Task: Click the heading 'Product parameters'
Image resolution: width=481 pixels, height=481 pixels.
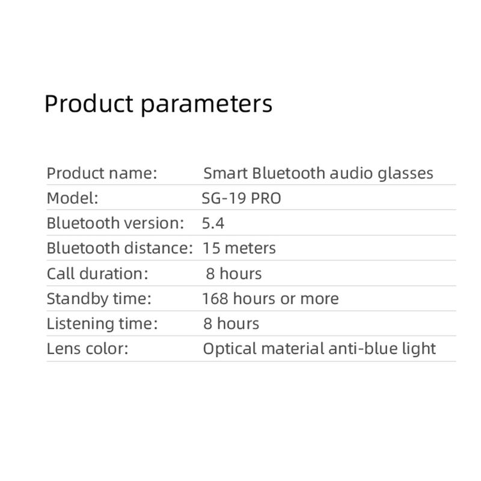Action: pyautogui.click(x=158, y=103)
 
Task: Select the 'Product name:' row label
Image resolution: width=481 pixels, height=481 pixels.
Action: pyautogui.click(x=102, y=173)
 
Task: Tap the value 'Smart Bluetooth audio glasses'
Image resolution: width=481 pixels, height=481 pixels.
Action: pyautogui.click(x=318, y=173)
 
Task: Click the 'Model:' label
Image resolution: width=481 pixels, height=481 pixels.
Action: pyautogui.click(x=72, y=198)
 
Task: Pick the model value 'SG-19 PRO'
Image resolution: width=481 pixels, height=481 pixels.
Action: pyautogui.click(x=242, y=198)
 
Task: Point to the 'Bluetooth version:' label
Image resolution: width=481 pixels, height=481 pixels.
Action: pyautogui.click(x=115, y=223)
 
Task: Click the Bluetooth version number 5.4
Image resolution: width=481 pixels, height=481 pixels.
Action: pyautogui.click(x=213, y=223)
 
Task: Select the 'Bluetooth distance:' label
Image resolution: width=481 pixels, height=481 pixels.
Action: pyautogui.click(x=120, y=248)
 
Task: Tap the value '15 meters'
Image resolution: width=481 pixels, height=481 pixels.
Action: pyautogui.click(x=239, y=248)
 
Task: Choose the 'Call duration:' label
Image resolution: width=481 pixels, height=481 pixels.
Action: pyautogui.click(x=97, y=274)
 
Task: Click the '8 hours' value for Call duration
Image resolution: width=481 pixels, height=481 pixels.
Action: pyautogui.click(x=234, y=274)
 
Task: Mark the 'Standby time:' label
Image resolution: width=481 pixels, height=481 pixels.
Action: pyautogui.click(x=99, y=298)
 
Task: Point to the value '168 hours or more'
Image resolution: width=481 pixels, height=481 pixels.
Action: pyautogui.click(x=271, y=298)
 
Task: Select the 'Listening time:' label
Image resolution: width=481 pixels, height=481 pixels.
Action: pyautogui.click(x=102, y=323)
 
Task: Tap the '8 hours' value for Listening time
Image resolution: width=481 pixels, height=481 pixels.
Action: pyautogui.click(x=231, y=323)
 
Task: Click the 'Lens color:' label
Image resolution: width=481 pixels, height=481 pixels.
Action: pyautogui.click(x=87, y=349)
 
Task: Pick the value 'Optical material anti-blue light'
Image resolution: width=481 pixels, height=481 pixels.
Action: pyautogui.click(x=319, y=349)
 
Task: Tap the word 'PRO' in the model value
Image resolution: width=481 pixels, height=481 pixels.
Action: pyautogui.click(x=266, y=198)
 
